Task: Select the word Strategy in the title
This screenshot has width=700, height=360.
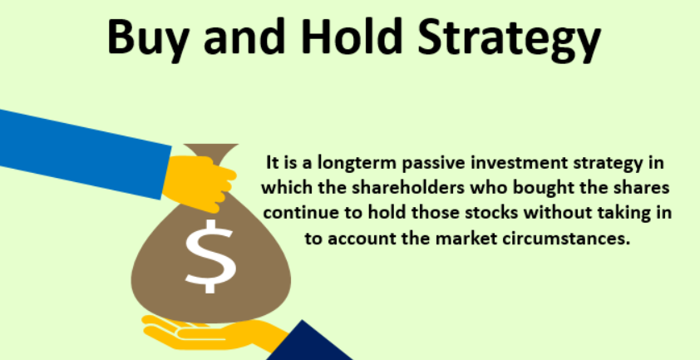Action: click(x=509, y=39)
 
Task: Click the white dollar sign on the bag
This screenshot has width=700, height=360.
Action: click(x=210, y=256)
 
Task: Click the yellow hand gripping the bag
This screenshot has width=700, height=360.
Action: click(x=199, y=182)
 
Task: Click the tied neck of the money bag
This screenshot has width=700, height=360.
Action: click(x=211, y=151)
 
